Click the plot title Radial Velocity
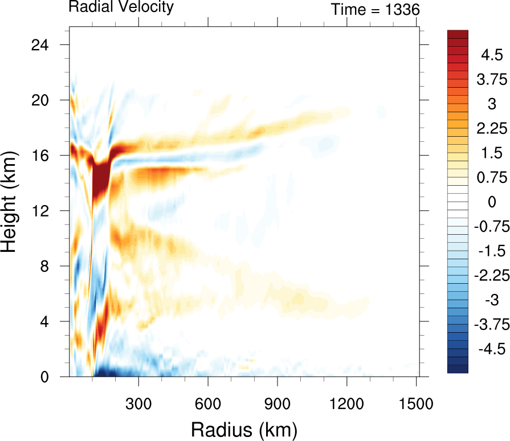pos(121,7)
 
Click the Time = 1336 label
pos(376,9)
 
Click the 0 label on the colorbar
pos(489,202)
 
